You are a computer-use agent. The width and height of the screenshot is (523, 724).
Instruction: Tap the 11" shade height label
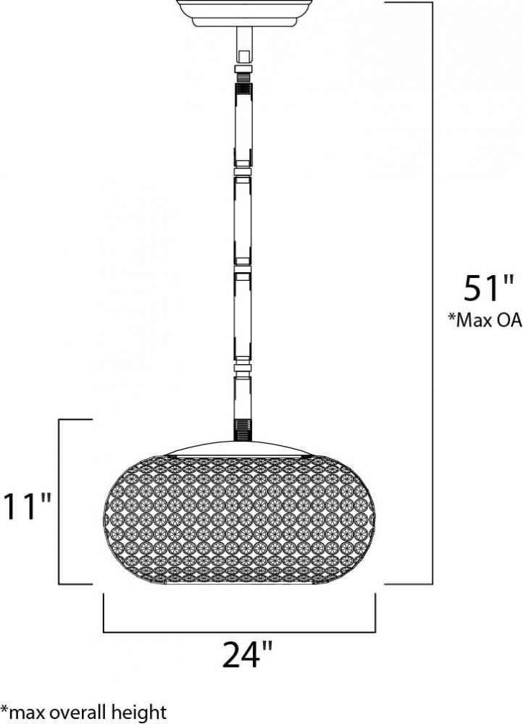(26, 507)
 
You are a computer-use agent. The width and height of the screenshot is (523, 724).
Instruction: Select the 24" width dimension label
(247, 654)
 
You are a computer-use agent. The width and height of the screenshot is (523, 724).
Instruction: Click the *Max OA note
(485, 320)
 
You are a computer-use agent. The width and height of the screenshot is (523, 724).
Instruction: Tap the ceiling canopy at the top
(243, 13)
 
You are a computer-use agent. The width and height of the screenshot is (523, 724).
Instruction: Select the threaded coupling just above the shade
(242, 429)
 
